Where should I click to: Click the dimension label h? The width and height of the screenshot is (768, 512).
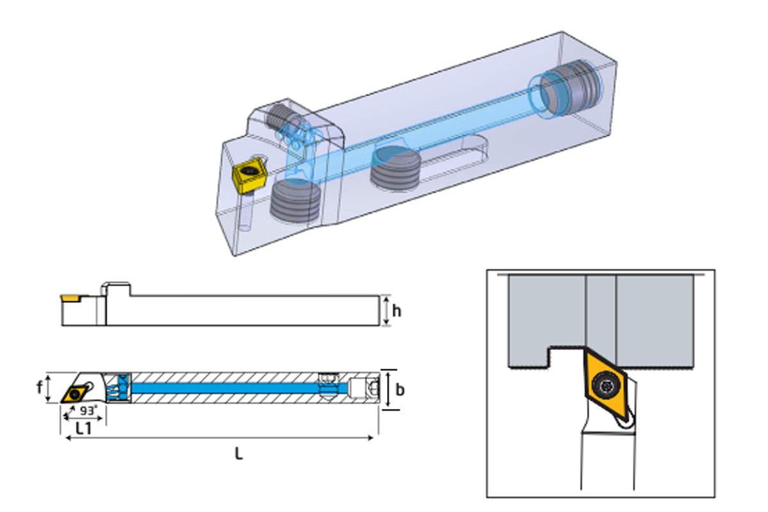tap(397, 311)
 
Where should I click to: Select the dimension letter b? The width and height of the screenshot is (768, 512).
tap(400, 389)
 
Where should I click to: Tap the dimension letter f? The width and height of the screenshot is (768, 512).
tap(40, 387)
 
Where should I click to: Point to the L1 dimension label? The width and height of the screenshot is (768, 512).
tap(84, 428)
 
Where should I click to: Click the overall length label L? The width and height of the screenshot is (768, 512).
tap(238, 454)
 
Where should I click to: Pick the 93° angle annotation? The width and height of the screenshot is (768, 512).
tap(88, 410)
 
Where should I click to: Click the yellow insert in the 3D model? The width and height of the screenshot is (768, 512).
tap(246, 175)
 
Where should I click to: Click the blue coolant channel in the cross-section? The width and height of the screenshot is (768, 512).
tap(224, 388)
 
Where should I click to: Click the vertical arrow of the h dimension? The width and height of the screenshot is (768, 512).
tap(386, 311)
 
